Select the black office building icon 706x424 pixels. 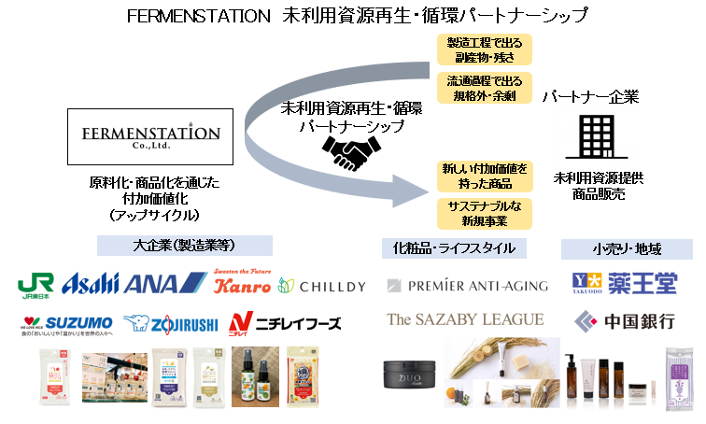click(x=594, y=136)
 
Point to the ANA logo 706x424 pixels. click(x=164, y=283)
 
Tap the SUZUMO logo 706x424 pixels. click(x=65, y=323)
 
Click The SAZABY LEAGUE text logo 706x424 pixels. click(x=465, y=319)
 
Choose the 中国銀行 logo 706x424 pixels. click(x=624, y=321)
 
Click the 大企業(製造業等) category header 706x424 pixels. click(x=185, y=246)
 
